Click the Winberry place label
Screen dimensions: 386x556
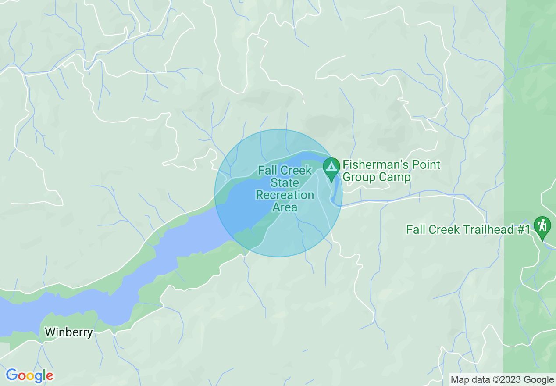(69, 332)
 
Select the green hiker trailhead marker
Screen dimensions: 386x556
(542, 226)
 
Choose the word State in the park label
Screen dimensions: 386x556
(285, 182)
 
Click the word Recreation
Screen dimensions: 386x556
(285, 195)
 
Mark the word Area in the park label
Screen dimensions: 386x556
(285, 207)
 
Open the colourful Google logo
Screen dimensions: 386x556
(29, 376)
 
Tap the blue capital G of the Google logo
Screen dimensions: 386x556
(12, 375)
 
